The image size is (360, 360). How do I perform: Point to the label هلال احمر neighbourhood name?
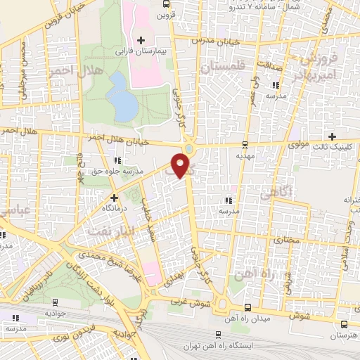pyautogui.click(x=70, y=72)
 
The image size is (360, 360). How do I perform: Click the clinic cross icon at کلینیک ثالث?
pyautogui.click(x=332, y=136)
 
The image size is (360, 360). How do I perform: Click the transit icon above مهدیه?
pyautogui.click(x=245, y=145)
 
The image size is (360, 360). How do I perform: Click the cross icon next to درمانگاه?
pyautogui.click(x=114, y=198)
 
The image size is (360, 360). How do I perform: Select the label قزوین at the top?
pyautogui.click(x=165, y=14)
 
